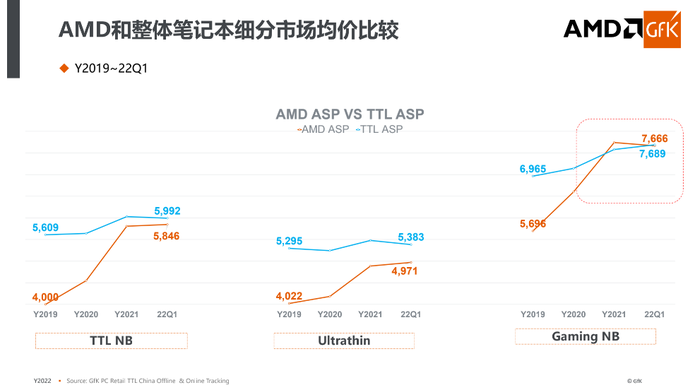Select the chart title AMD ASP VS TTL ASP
pyautogui.click(x=350, y=115)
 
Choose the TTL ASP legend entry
pyautogui.click(x=380, y=130)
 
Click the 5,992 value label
pyautogui.click(x=167, y=211)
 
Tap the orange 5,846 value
pyautogui.click(x=167, y=236)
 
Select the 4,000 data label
pyautogui.click(x=45, y=297)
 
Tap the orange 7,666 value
pyautogui.click(x=654, y=138)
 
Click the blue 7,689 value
pyautogui.click(x=653, y=153)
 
